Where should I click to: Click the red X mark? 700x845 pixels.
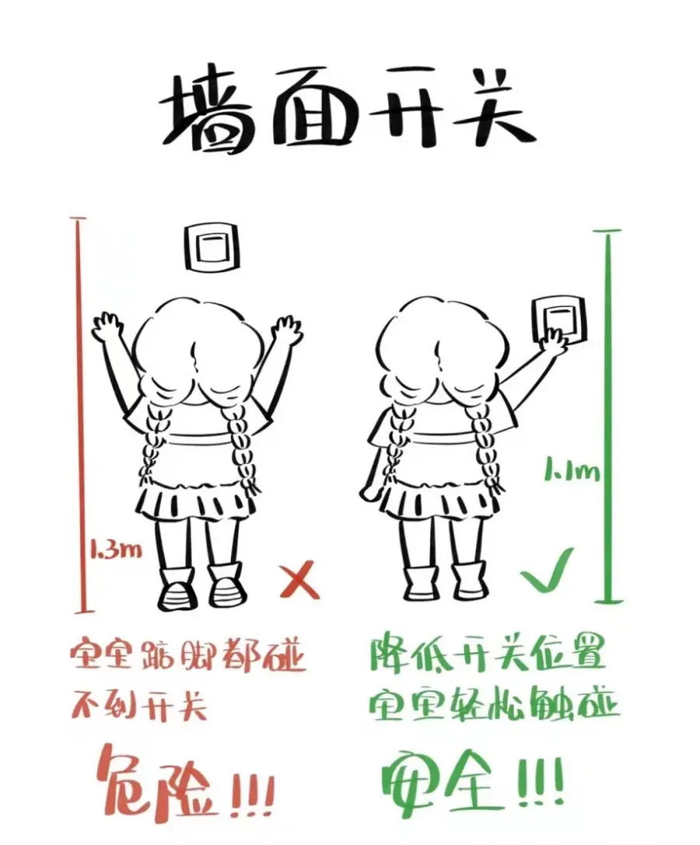click(300, 580)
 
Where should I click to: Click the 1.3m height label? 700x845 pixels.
click(115, 550)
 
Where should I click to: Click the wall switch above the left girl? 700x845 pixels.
click(211, 248)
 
